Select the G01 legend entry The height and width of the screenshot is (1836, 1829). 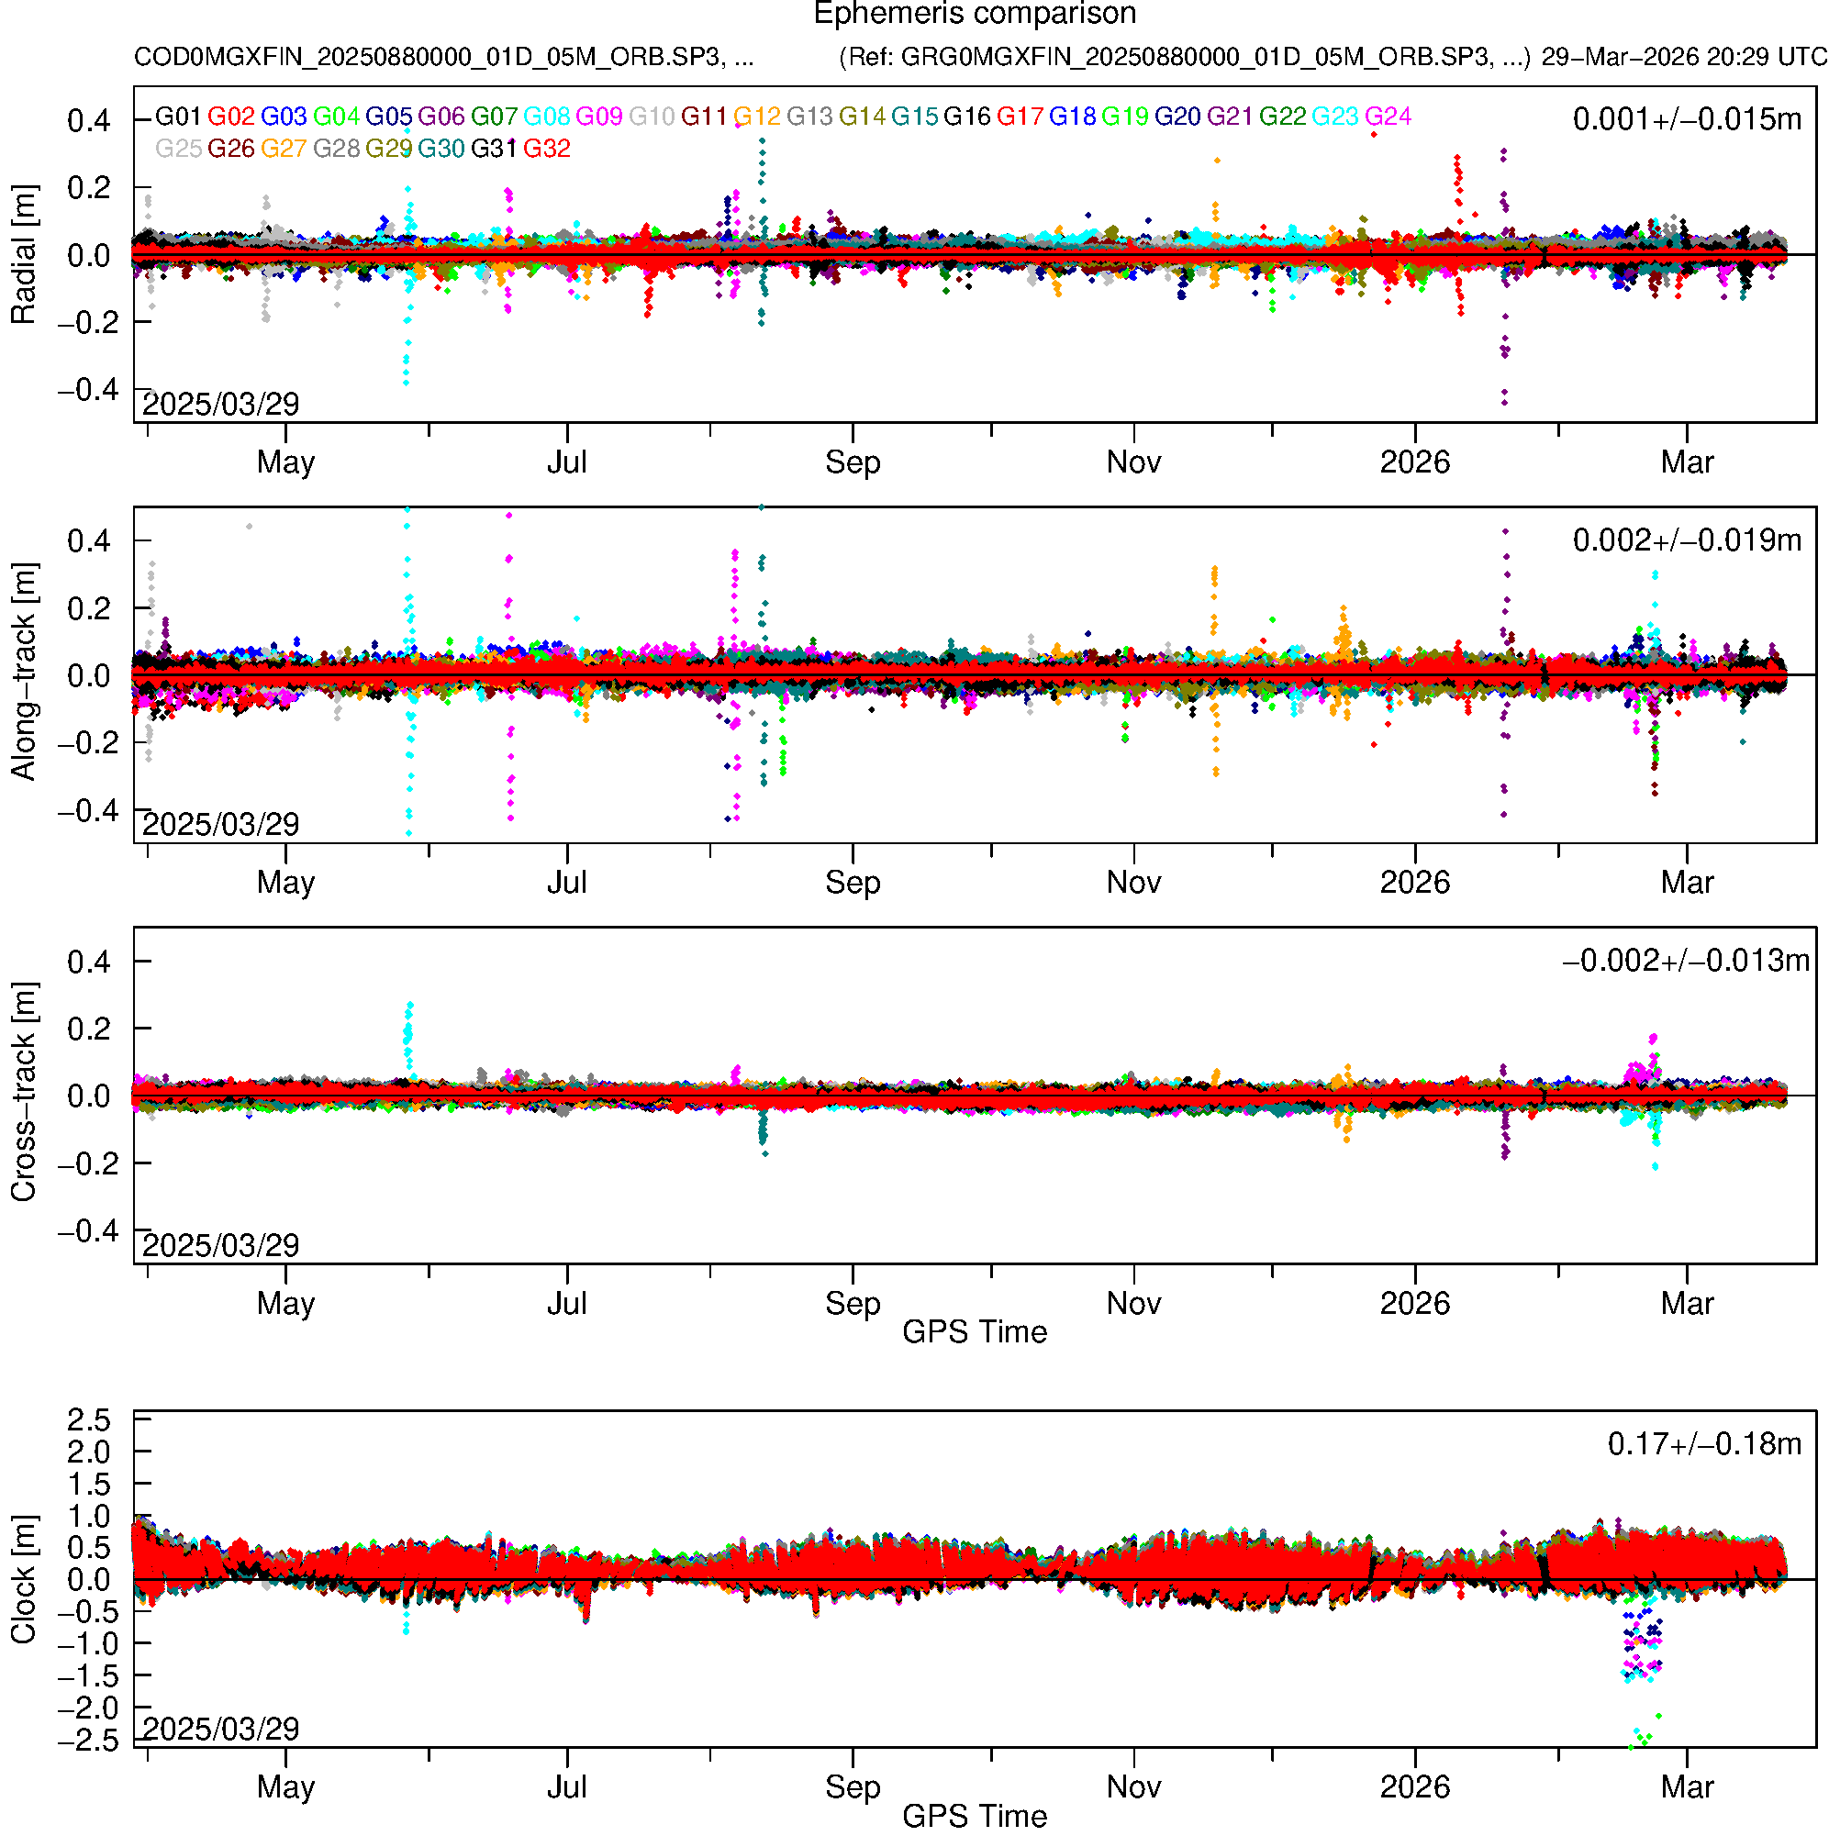178,117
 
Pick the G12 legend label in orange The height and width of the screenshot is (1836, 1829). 757,117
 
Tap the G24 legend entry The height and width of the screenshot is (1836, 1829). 1388,117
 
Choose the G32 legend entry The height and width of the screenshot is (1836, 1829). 547,150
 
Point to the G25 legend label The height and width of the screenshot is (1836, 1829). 178,150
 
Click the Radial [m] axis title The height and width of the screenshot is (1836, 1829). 23,255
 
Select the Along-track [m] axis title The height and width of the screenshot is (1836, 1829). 23,672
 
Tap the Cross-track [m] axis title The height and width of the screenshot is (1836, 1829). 23,1093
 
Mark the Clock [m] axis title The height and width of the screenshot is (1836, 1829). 23,1578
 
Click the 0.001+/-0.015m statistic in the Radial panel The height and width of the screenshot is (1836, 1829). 1687,119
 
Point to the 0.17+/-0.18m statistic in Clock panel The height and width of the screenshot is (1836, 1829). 1703,1444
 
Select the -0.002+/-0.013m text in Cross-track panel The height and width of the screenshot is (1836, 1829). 1686,961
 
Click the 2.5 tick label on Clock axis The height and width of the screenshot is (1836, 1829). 88,1420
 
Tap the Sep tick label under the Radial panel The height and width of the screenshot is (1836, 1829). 853,462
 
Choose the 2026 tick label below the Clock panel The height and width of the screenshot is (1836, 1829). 1414,1787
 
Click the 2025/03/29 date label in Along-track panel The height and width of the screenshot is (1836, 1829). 220,824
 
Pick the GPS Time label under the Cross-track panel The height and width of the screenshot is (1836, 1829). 975,1332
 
